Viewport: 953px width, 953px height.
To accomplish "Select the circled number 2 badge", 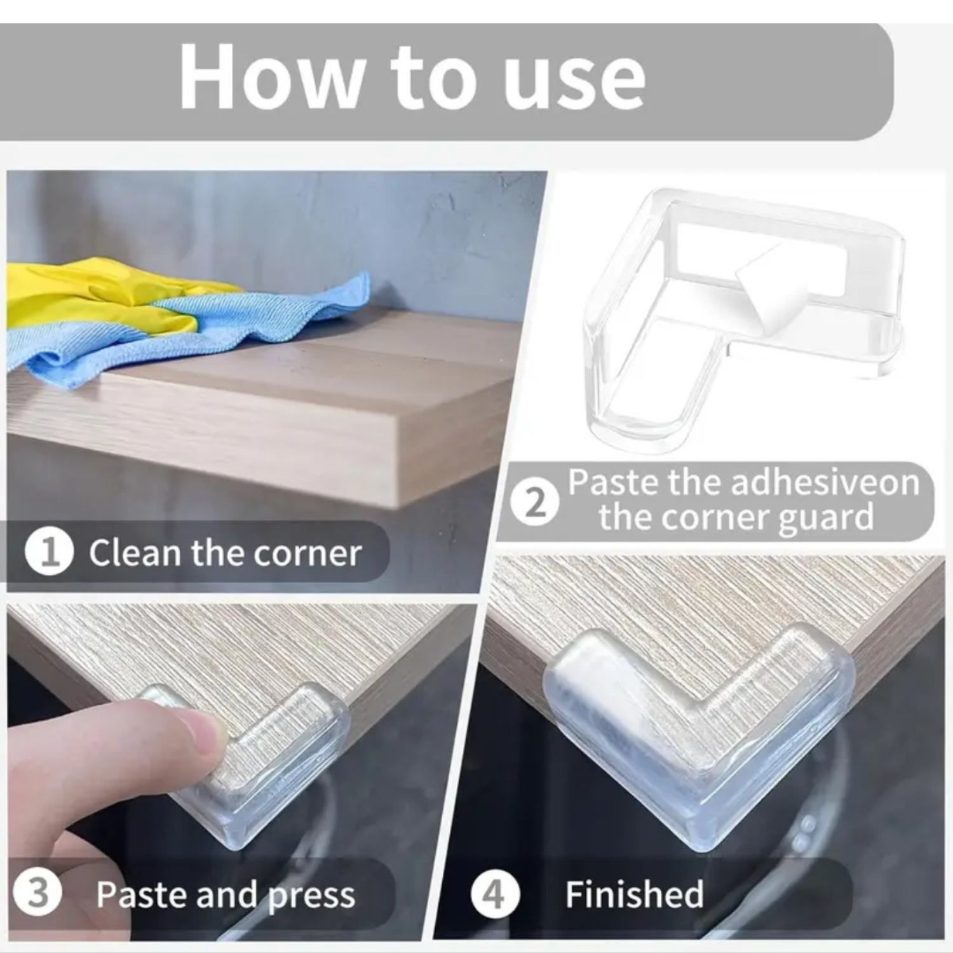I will tap(536, 503).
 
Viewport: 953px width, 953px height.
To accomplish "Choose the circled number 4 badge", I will tap(495, 895).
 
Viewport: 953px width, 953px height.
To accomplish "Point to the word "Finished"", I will tap(634, 895).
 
